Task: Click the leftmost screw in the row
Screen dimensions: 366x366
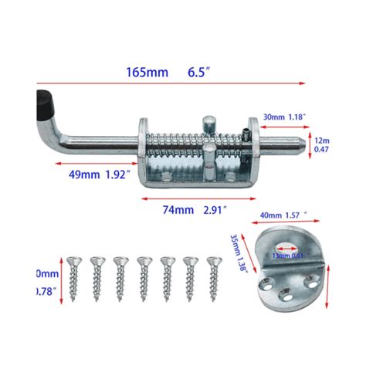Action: pyautogui.click(x=74, y=272)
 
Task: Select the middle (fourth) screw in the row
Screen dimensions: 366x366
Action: pyautogui.click(x=143, y=272)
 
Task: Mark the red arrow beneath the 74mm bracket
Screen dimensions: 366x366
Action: pyautogui.click(x=189, y=198)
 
